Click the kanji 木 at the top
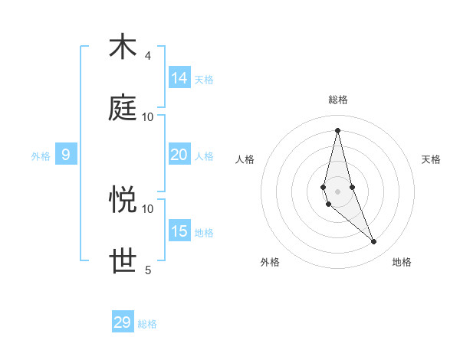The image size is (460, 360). [x=123, y=47]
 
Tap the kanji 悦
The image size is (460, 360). [x=123, y=200]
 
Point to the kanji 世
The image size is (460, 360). [x=123, y=261]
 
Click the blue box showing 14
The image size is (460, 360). [x=179, y=77]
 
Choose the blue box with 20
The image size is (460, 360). [x=179, y=154]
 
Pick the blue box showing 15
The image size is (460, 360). [x=179, y=231]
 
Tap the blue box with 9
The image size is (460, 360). [x=66, y=155]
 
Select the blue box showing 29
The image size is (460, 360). [x=123, y=322]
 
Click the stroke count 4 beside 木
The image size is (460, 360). [x=148, y=56]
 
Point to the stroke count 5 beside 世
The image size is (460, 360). [x=148, y=270]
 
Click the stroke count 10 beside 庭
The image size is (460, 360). [x=148, y=117]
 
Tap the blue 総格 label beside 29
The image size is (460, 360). [x=147, y=325]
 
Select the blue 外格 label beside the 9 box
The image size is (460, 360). [x=41, y=156]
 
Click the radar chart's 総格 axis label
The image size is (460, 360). [x=337, y=100]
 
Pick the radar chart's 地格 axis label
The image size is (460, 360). [x=402, y=262]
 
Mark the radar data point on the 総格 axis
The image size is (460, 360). [x=337, y=129]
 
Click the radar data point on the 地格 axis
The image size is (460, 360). [x=373, y=241]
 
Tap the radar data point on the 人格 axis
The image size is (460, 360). [x=324, y=187]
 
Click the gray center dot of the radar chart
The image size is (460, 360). [x=337, y=191]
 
